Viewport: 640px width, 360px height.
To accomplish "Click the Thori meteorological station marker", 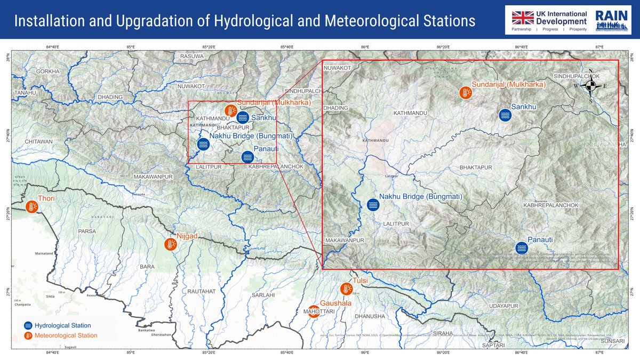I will (32, 206).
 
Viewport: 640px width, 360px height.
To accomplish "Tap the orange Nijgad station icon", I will (171, 245).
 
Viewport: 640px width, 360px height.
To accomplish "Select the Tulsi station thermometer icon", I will (347, 289).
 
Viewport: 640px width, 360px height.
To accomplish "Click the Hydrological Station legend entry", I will (62, 325).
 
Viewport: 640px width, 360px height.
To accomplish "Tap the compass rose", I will (590, 86).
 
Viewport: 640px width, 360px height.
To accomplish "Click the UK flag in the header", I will (522, 17).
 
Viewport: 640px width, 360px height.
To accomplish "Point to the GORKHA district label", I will (48, 71).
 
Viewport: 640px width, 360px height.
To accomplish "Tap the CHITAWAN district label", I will (38, 142).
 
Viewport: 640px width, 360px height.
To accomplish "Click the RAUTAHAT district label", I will (201, 291).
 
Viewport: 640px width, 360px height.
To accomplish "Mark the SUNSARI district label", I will (612, 340).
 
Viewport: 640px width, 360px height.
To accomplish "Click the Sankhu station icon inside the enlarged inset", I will (505, 115).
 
